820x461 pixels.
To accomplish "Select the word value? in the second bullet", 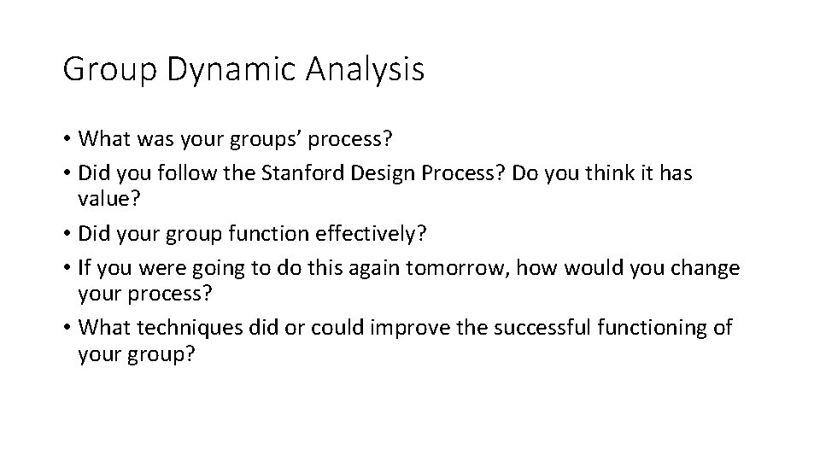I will (x=109, y=199).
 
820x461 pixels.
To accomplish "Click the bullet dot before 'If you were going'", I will (x=66, y=267).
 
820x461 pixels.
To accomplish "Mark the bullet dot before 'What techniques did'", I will (x=66, y=327).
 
